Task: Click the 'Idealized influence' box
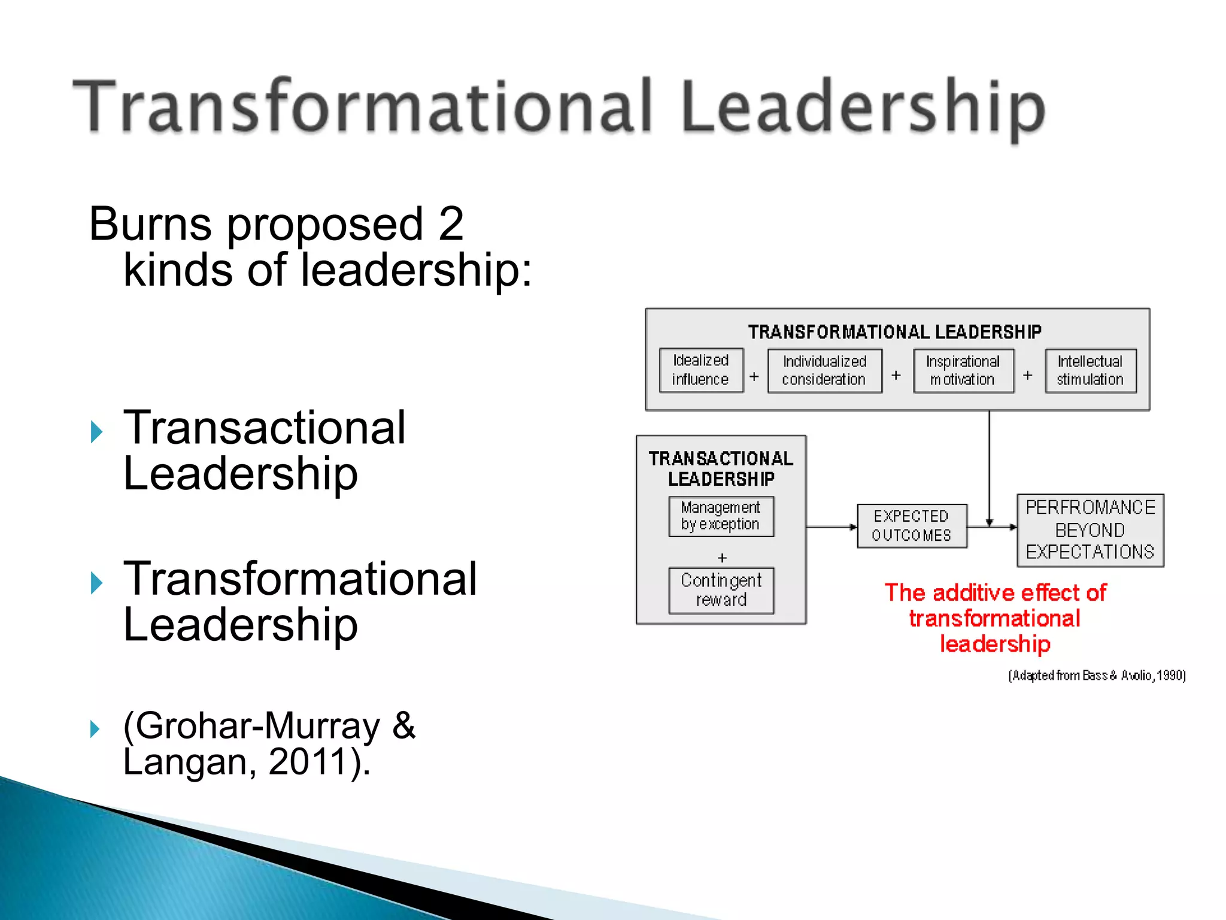click(701, 370)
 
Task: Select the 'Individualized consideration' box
click(824, 371)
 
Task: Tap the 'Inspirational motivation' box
click(963, 371)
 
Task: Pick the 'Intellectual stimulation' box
click(1090, 371)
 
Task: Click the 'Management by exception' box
click(721, 516)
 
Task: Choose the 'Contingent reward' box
click(721, 590)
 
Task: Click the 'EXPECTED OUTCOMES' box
click(912, 526)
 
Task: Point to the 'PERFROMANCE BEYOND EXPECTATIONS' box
click(1090, 530)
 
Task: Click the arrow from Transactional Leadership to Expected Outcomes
click(832, 527)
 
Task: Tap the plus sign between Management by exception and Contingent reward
click(722, 558)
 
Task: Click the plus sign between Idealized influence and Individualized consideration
click(754, 376)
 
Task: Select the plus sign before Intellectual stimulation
click(1028, 375)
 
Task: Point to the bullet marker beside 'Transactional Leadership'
click(97, 431)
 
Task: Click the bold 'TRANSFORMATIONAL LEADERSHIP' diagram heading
click(895, 332)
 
